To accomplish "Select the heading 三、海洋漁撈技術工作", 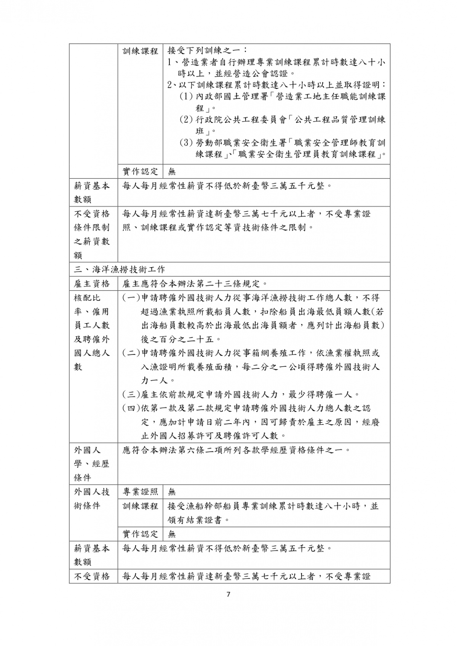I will click(x=120, y=270).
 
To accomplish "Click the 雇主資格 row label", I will click(x=92, y=284).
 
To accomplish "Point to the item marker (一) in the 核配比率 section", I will click(x=131, y=298).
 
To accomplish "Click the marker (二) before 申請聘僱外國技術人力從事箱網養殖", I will click(x=131, y=353).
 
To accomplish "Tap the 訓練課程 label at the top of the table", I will click(x=140, y=51).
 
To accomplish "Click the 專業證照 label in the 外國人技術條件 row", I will click(x=140, y=492).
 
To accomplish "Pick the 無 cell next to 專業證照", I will click(x=172, y=492).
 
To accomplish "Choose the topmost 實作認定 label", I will click(x=140, y=172).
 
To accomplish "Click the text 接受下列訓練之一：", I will click(x=208, y=51).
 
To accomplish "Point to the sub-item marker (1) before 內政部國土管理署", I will click(x=186, y=97).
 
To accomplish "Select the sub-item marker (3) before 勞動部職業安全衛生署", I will click(x=186, y=143).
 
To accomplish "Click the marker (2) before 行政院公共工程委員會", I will click(x=186, y=120).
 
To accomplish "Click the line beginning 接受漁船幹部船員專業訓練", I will click(x=273, y=506).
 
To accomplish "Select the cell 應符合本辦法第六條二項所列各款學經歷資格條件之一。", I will click(x=236, y=450).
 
